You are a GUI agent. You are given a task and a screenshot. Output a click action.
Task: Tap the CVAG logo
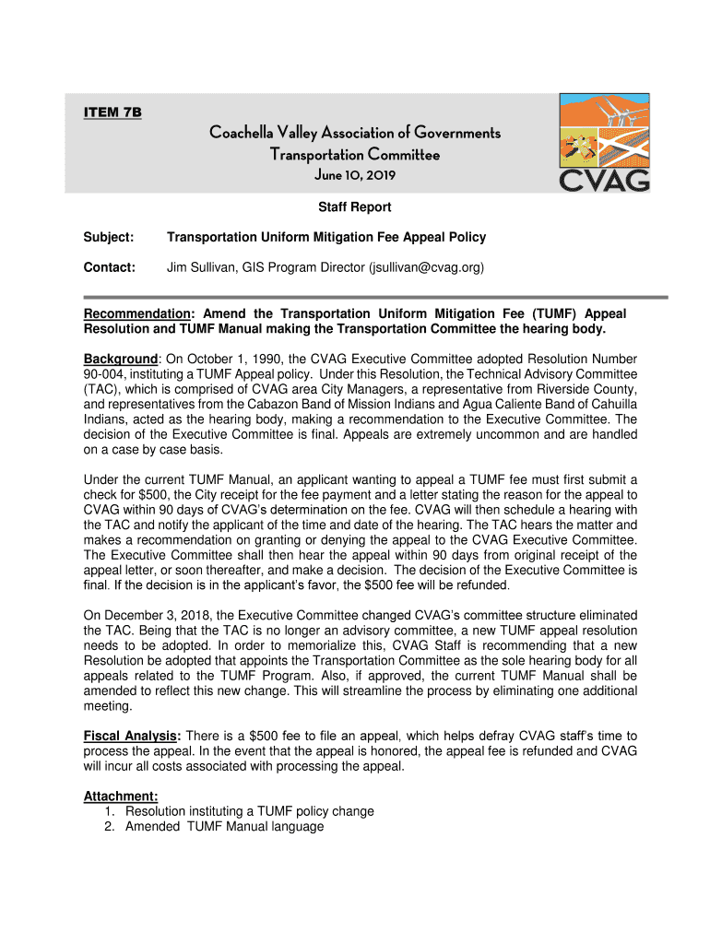(604, 143)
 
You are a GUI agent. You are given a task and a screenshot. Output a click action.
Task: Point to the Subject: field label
(109, 238)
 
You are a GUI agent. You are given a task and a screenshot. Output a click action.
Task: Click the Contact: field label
(110, 267)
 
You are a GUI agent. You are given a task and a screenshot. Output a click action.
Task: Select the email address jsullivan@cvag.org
(425, 267)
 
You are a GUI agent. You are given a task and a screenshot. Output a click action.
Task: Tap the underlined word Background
(120, 358)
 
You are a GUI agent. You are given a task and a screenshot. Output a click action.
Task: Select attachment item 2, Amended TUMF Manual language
(224, 827)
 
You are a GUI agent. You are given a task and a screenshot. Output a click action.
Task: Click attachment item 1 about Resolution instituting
(249, 811)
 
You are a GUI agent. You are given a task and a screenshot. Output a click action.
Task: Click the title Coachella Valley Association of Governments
(355, 134)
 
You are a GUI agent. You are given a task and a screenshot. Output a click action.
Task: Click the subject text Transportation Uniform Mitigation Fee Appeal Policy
(325, 238)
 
